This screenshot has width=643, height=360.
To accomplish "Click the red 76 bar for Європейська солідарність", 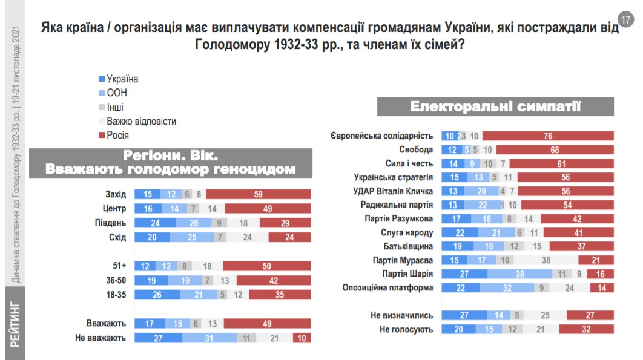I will pyautogui.click(x=547, y=136).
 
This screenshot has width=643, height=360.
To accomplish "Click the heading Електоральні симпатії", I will pyautogui.click(x=495, y=106).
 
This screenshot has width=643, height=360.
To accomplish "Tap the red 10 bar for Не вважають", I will pyautogui.click(x=302, y=338).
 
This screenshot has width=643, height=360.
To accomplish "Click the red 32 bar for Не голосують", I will pyautogui.click(x=586, y=329).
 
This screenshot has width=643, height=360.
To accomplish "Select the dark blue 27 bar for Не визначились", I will pyautogui.click(x=464, y=315).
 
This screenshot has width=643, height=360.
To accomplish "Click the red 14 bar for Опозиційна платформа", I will pyautogui.click(x=602, y=288).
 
